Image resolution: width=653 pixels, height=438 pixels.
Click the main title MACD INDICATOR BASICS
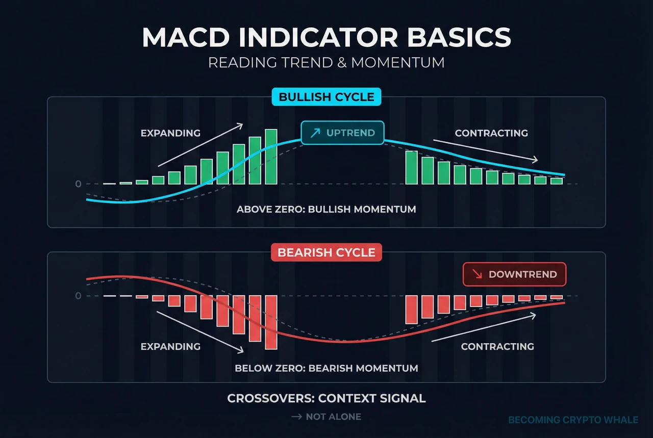(326, 38)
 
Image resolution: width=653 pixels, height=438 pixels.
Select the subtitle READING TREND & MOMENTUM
(326, 63)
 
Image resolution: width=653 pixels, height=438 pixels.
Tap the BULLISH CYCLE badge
(326, 97)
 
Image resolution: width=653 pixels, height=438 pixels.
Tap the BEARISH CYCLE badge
(326, 252)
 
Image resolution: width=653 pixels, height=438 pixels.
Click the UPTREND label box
(342, 133)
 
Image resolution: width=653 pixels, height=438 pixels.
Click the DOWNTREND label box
(514, 274)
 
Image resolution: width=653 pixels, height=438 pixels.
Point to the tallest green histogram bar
(271, 157)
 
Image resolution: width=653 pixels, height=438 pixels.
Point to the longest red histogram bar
(271, 322)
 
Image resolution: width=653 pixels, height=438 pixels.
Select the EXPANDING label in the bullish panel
(170, 133)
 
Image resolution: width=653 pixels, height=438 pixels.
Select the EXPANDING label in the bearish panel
(170, 347)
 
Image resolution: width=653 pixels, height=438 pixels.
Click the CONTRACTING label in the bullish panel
(491, 133)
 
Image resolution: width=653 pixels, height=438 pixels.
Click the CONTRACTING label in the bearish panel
(497, 347)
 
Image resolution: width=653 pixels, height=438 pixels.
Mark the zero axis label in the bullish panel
(78, 184)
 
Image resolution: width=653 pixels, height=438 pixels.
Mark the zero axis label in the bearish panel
(78, 296)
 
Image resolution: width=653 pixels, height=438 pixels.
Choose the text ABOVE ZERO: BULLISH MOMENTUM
(326, 209)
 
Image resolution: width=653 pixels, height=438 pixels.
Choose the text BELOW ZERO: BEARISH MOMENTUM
(326, 368)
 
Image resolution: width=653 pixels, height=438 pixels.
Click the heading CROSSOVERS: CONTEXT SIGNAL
(326, 398)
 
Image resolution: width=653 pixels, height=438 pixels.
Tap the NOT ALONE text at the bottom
(333, 417)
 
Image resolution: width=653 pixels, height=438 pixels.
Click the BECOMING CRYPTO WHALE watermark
(573, 420)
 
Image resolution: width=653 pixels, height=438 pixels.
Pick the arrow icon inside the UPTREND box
(315, 133)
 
